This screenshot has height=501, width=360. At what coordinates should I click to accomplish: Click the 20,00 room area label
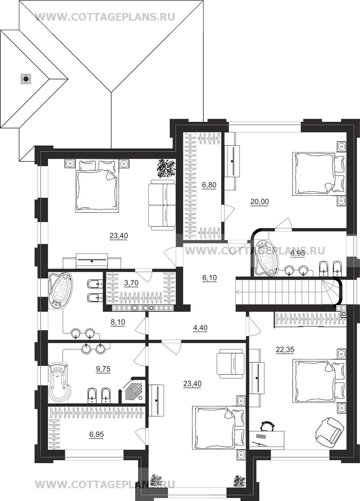[259, 202]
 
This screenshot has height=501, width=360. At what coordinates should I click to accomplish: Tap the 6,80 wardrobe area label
[209, 185]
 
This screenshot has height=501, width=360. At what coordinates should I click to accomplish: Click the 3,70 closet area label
[131, 283]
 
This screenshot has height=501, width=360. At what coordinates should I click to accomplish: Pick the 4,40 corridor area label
[200, 328]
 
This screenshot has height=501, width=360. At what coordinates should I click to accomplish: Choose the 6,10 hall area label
[209, 278]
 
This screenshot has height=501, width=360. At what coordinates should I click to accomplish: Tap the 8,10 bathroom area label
[118, 322]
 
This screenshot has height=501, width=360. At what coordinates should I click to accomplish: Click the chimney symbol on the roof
[26, 79]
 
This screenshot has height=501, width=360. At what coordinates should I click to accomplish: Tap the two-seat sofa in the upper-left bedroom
[162, 205]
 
